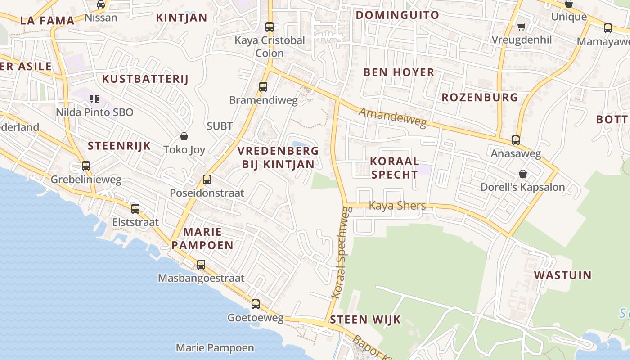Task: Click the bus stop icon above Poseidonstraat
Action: coord(207,180)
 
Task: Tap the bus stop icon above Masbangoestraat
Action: coord(201,265)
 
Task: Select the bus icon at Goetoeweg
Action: coord(256,304)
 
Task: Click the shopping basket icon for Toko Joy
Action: coord(184,136)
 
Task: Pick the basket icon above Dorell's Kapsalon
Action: coord(523,174)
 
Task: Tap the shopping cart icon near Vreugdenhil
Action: coord(521,27)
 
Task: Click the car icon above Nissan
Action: coord(101,4)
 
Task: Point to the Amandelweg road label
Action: coord(392,117)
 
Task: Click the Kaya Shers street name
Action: coord(397,206)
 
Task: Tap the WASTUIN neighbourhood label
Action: coord(562,275)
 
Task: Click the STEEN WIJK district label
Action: coord(365,320)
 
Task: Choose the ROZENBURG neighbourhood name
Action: coord(480,97)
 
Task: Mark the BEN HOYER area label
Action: coord(399,72)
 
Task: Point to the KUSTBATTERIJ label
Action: coord(145,79)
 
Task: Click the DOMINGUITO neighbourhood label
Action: coord(397,15)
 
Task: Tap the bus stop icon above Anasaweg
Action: coord(516,140)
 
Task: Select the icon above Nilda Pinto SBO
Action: coord(94,99)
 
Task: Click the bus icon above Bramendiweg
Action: coord(263,87)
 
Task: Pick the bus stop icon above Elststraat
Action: coord(135,209)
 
